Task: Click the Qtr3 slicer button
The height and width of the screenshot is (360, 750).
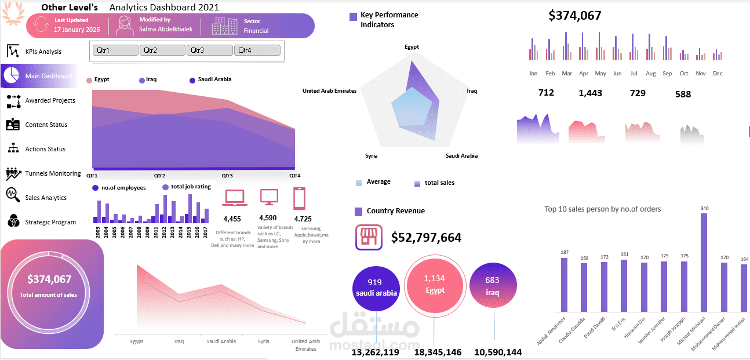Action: (209, 50)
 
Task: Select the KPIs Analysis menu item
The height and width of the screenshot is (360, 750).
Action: (43, 52)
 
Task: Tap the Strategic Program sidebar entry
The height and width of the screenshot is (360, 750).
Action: (50, 222)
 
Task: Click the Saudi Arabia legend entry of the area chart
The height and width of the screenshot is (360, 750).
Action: (214, 79)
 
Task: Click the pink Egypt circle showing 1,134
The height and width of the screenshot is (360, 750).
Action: (435, 284)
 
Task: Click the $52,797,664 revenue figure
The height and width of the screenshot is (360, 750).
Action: (426, 238)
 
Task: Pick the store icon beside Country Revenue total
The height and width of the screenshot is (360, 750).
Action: (369, 237)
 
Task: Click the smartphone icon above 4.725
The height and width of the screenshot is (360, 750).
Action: (299, 199)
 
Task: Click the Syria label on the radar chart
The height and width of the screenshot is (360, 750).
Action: (372, 156)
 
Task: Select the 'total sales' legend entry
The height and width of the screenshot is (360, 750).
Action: (439, 183)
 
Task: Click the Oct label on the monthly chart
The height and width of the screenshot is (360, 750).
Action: (684, 74)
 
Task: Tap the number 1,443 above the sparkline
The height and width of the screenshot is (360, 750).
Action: (590, 93)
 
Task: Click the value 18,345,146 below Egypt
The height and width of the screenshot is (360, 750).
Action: (438, 352)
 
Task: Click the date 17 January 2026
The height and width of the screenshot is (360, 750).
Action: (77, 30)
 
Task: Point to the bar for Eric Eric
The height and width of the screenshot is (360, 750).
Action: (624, 286)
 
